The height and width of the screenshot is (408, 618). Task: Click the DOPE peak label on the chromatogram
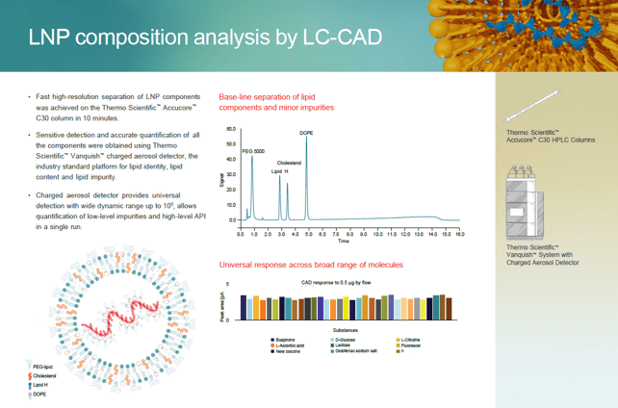(x=306, y=133)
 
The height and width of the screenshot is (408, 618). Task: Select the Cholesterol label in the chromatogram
(x=289, y=164)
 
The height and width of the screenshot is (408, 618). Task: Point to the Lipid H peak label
(x=278, y=171)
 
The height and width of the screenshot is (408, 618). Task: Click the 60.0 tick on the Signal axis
(x=231, y=129)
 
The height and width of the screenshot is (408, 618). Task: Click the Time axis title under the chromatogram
(x=348, y=241)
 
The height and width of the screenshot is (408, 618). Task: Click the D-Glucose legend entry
(x=347, y=341)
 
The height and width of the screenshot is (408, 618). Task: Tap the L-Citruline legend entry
(x=411, y=341)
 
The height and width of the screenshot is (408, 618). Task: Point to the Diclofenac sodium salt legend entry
(x=355, y=352)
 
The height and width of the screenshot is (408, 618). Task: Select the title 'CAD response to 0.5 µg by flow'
(x=336, y=283)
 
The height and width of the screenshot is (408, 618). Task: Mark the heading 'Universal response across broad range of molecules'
(x=310, y=265)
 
